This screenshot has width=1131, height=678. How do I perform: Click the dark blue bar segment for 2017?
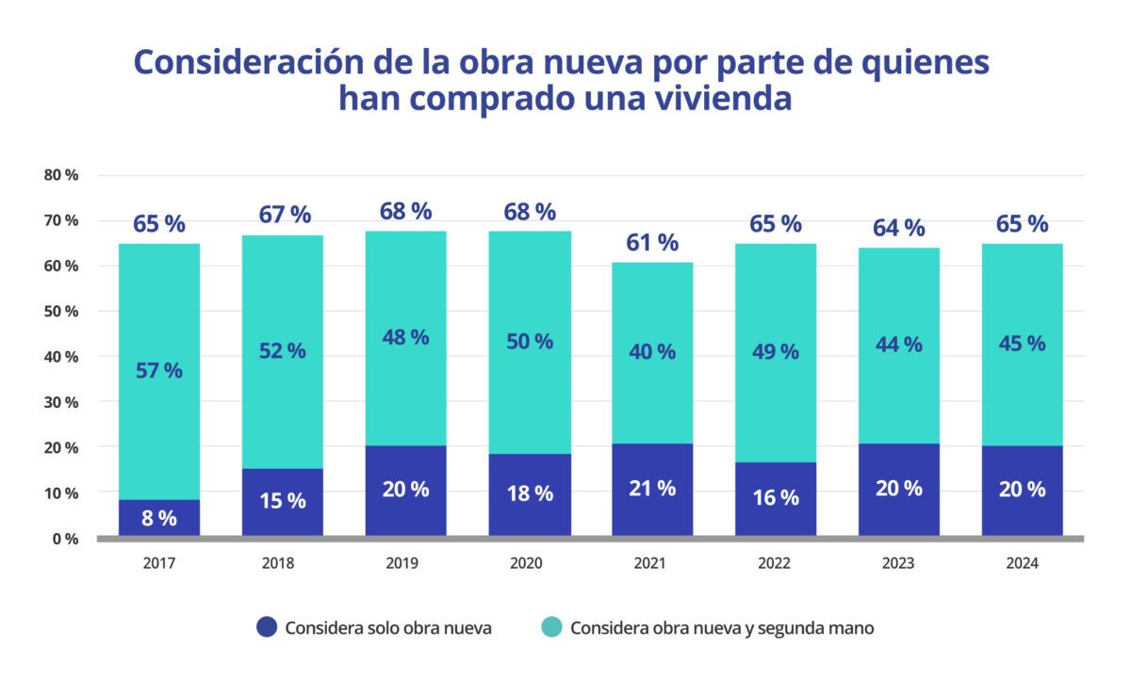point(159,517)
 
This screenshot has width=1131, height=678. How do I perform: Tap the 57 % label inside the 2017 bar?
point(159,370)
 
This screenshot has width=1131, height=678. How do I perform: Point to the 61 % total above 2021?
point(652,242)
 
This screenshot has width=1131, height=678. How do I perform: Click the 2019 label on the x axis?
point(405,563)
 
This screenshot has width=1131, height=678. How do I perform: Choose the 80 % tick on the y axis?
point(60,175)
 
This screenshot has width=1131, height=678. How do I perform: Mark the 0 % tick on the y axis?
point(64,539)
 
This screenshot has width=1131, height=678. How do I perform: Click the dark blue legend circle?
point(267,627)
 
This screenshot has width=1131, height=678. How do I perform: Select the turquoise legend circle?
point(552,627)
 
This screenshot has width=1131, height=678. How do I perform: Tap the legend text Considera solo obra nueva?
point(387,628)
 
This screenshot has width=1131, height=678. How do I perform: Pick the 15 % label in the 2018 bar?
point(283,501)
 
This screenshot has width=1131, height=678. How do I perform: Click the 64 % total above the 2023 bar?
point(899,228)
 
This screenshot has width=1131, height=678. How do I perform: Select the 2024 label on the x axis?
point(1022,563)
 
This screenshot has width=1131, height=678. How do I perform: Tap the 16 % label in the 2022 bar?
point(776,498)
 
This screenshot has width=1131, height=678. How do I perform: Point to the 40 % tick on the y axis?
point(60,357)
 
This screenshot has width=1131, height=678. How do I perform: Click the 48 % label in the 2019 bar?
point(405,337)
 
